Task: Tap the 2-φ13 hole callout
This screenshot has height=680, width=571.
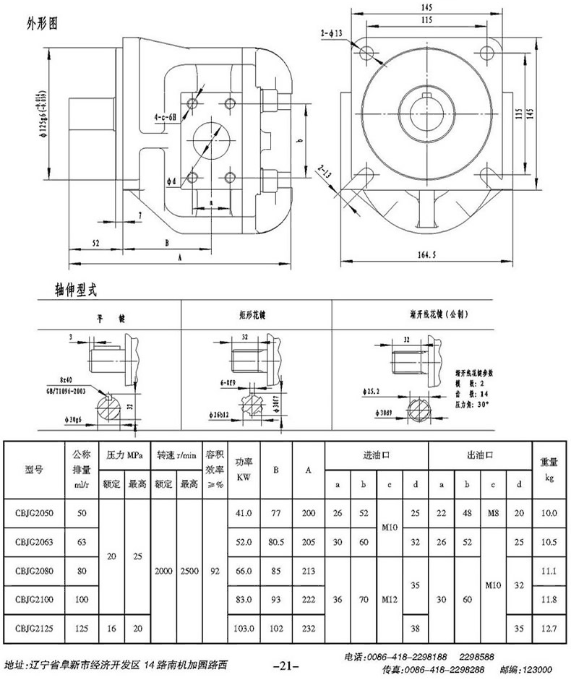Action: coord(332,32)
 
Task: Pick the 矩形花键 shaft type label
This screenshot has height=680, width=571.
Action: coord(253,316)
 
